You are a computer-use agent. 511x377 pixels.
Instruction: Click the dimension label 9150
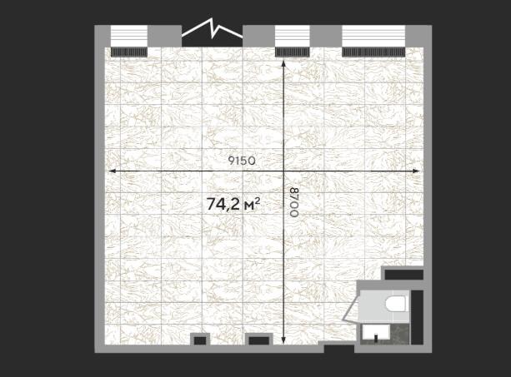(242, 161)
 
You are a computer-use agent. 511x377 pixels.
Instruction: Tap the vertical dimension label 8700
(294, 201)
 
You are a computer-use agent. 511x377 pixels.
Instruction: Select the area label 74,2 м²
(233, 204)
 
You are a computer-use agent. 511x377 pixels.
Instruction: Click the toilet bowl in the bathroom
(396, 304)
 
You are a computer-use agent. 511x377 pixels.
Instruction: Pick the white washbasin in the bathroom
(376, 332)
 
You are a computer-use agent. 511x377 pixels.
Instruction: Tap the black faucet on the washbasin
(376, 337)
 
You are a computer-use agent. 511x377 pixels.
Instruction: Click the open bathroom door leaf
(351, 308)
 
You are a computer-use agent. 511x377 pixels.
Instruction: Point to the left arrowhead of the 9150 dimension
(112, 171)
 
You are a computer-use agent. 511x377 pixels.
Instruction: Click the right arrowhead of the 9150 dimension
(416, 171)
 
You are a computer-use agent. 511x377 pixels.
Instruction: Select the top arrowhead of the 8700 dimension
(283, 62)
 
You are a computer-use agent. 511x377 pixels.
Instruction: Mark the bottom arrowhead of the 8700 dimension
(283, 340)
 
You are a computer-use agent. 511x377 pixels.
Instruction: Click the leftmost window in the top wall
(129, 36)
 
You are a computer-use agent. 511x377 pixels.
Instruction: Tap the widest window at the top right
(373, 36)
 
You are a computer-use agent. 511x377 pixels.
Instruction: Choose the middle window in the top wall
(292, 36)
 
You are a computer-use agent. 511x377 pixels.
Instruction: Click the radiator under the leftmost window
(129, 52)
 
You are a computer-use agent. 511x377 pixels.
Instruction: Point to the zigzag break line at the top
(213, 28)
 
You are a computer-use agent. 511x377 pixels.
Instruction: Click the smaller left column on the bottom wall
(200, 340)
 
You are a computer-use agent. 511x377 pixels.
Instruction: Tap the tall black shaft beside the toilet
(417, 317)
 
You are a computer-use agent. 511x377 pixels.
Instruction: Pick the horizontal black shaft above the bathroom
(403, 274)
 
